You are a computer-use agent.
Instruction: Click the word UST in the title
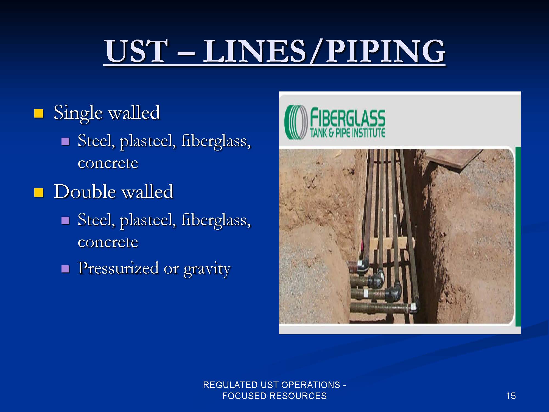(x=136, y=51)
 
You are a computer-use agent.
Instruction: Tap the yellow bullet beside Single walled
(x=39, y=113)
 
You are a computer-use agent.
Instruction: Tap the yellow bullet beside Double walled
(x=39, y=193)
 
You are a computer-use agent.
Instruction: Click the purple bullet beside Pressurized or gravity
(x=65, y=268)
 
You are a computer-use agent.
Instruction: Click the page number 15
(x=511, y=396)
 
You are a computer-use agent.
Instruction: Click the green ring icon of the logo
(x=296, y=122)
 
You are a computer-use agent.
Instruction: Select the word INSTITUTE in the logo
(x=369, y=133)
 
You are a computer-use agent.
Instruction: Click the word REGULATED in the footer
(x=230, y=385)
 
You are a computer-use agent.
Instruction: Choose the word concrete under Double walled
(x=108, y=242)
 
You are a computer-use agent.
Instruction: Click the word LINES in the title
(x=254, y=51)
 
